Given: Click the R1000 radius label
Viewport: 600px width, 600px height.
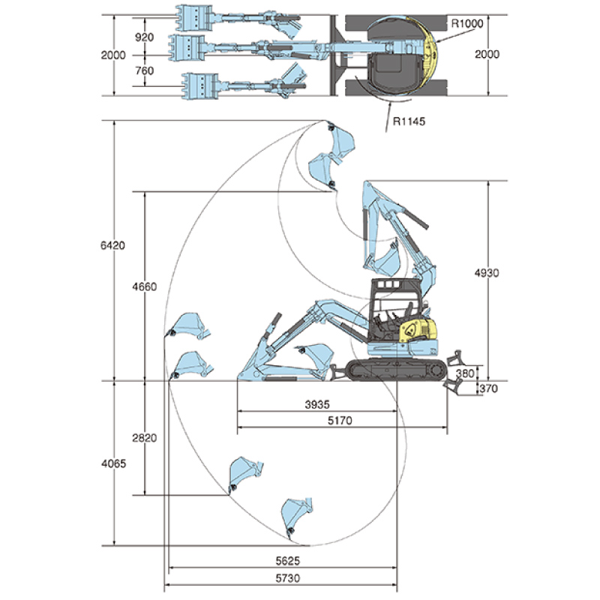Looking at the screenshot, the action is [467, 24].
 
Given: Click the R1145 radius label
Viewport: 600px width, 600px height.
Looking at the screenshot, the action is [409, 121].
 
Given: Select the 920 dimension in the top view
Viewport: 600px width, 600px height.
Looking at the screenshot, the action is [144, 37].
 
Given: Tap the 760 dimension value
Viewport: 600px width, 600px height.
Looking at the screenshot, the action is [144, 70].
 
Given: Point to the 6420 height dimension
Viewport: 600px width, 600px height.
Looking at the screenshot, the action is [113, 245].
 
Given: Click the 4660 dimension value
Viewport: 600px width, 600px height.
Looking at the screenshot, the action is [145, 286].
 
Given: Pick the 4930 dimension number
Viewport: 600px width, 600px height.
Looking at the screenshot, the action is [487, 273].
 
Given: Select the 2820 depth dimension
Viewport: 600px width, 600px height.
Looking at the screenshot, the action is [145, 438].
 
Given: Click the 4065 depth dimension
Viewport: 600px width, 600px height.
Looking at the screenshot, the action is [114, 463].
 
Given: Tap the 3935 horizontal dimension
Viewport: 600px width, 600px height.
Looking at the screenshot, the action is [317, 404].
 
